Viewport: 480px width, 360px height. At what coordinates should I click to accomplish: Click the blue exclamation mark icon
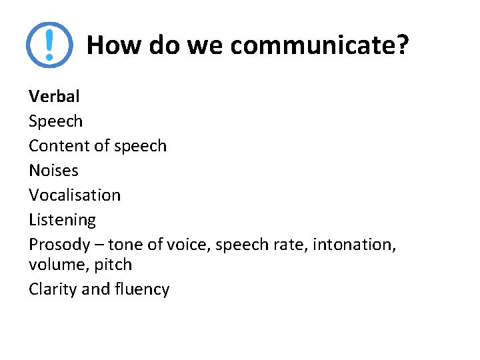49,45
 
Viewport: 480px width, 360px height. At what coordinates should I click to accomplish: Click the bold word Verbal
54,96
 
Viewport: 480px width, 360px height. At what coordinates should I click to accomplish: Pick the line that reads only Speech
55,121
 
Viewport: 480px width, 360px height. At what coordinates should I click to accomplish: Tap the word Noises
53,170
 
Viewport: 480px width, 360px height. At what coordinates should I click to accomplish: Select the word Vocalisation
75,195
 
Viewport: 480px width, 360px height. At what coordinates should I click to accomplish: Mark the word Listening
62,219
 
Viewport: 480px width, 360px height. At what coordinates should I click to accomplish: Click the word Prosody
59,245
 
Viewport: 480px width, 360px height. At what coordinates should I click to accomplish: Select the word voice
186,245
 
